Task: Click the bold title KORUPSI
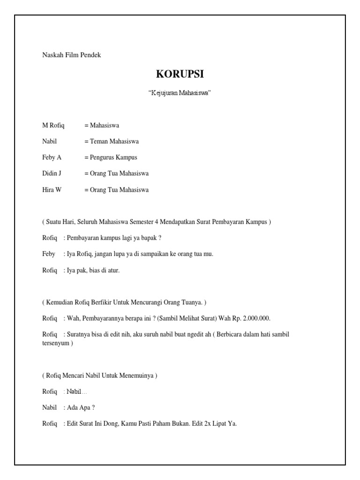click(180, 75)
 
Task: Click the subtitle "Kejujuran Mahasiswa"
click(180, 93)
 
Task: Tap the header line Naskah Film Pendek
click(72, 55)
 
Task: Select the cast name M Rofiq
click(53, 126)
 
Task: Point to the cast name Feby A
click(52, 157)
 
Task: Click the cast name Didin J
click(52, 173)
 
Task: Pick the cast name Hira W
click(52, 190)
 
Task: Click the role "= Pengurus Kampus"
click(111, 157)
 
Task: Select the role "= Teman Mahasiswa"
click(112, 142)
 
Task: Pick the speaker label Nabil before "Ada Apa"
click(50, 408)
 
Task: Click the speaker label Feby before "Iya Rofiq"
click(49, 254)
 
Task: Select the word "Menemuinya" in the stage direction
click(136, 375)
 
